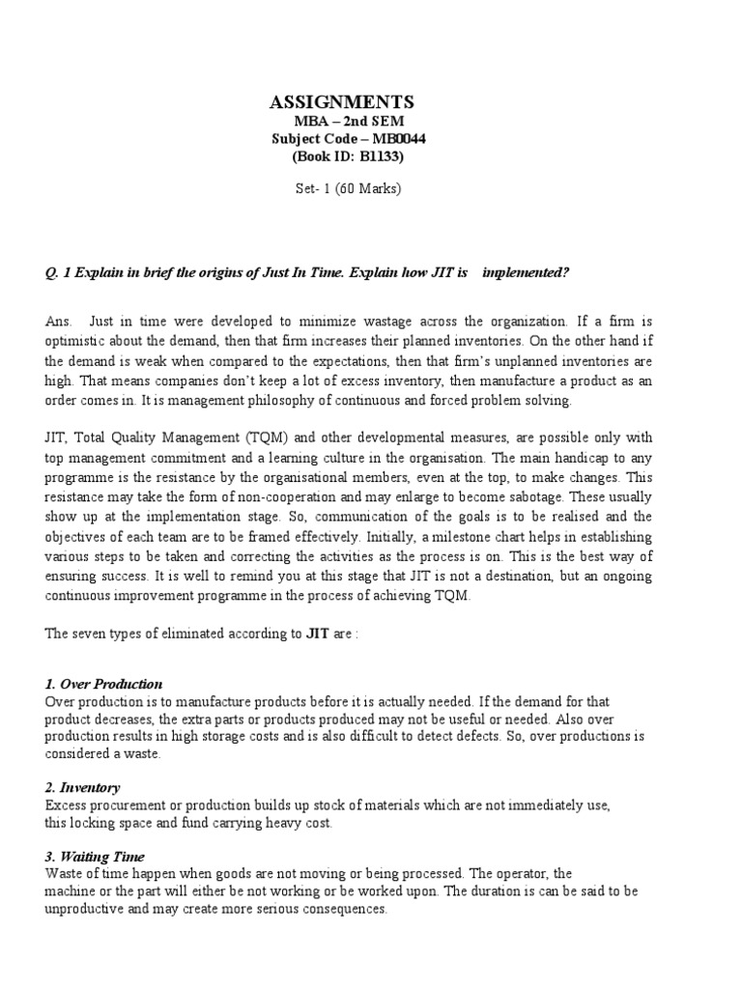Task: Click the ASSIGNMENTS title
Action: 340,102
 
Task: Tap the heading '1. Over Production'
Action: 104,684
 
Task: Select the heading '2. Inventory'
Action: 83,788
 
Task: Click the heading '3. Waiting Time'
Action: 95,856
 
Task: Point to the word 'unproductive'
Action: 84,909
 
